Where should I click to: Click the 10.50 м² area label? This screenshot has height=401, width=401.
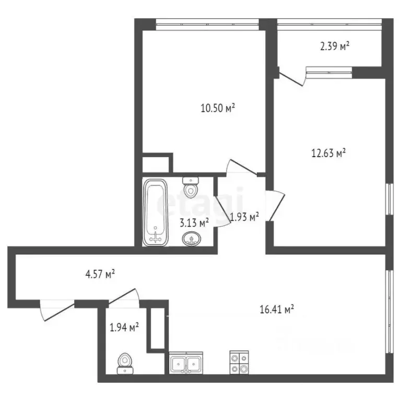click(217, 109)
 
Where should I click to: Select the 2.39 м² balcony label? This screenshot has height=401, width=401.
click(334, 47)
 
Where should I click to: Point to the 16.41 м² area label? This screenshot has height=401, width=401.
click(277, 310)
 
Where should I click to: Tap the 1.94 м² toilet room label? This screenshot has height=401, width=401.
click(124, 328)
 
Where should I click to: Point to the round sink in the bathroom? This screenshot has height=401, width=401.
click(192, 240)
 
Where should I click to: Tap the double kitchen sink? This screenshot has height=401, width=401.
click(186, 363)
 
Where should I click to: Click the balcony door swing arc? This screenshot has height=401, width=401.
click(292, 78)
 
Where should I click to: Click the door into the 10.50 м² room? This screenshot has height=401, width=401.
click(240, 168)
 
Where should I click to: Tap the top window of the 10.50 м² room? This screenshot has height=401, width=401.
click(208, 22)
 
